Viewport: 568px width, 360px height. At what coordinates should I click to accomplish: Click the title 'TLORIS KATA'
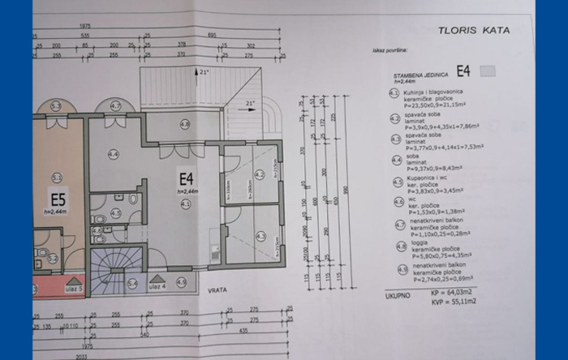coord(474,30)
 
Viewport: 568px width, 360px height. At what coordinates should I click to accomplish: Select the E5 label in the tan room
coord(58,199)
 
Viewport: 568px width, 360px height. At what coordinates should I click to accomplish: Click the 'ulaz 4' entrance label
coord(158,285)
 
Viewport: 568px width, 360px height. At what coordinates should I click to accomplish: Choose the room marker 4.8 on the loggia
coord(185,124)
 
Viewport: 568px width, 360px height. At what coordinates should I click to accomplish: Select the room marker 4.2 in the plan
coord(260,174)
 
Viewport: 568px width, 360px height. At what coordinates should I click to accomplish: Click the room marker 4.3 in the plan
coord(260,236)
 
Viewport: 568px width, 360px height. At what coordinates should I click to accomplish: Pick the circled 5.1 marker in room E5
coord(57,176)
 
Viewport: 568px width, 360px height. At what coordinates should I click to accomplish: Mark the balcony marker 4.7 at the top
coord(115,106)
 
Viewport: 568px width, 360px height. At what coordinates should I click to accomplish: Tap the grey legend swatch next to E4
coord(488,71)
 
